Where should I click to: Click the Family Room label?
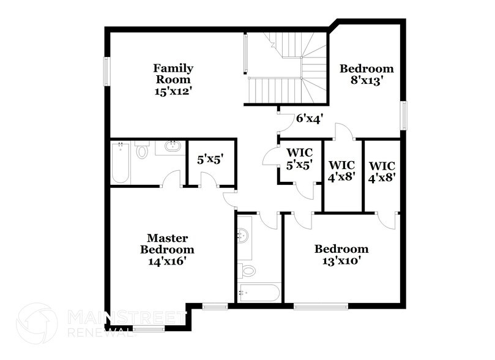tap(173, 73)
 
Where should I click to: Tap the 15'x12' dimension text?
tap(173, 91)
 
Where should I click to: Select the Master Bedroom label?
tap(167, 244)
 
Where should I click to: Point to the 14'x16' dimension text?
tap(167, 261)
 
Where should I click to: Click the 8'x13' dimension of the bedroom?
tap(366, 80)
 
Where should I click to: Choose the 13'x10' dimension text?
tap(341, 261)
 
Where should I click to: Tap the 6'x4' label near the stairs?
tap(310, 118)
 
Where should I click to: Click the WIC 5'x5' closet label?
tap(300, 159)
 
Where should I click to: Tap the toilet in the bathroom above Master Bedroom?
tap(142, 150)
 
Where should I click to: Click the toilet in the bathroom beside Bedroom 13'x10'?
tap(248, 270)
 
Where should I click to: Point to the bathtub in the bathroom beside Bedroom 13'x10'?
tap(259, 292)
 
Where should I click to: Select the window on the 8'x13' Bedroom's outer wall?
tap(404, 115)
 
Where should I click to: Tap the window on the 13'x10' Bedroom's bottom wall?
tap(321, 306)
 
